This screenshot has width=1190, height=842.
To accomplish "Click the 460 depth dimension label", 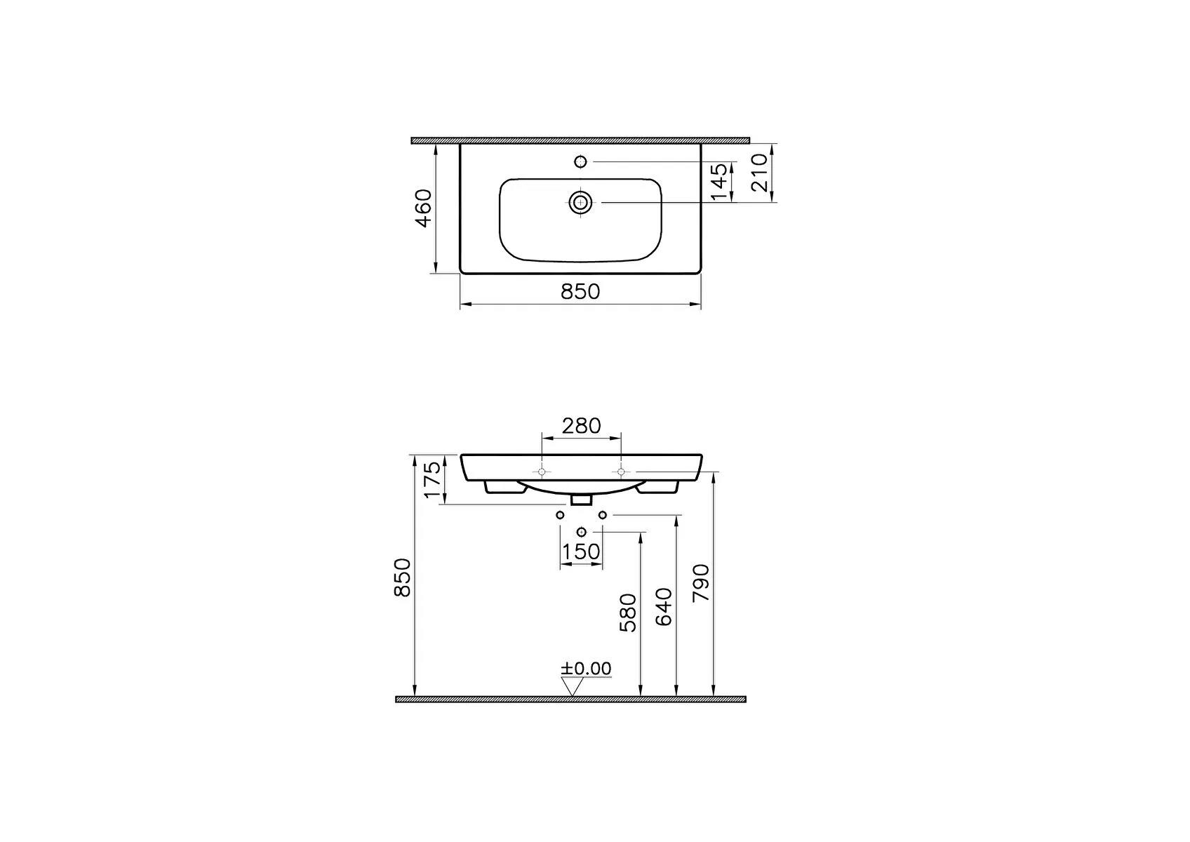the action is pos(424,208).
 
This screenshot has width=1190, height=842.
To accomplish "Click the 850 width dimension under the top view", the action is pos(580,292).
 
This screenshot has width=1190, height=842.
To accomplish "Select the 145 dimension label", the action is pos(718,182).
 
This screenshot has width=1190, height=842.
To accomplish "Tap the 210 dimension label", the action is pos(759,173).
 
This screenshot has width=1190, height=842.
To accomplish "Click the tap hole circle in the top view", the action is pos(581,161).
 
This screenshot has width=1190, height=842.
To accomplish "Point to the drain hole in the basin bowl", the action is pos(580,202).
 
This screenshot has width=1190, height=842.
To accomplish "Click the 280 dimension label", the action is pos(581,426).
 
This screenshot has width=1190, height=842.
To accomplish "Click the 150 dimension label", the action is pos(581,552).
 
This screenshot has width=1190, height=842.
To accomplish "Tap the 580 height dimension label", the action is pos(628,613).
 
